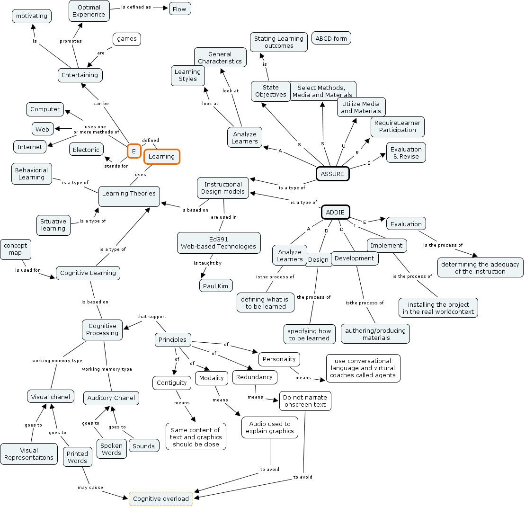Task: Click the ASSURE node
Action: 332,174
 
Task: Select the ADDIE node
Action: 336,212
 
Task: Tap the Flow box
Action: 180,9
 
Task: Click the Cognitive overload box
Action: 161,498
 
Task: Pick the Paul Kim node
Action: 216,285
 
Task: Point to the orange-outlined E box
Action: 134,151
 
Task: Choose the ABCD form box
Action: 331,38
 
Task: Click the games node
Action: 127,39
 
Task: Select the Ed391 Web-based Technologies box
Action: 219,242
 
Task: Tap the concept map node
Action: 16,249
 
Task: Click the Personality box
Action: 279,359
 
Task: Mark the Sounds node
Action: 144,446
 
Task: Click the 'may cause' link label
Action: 90,487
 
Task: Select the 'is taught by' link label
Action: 207,263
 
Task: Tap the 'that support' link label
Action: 151,316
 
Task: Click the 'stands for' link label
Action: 116,166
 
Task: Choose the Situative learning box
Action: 53,224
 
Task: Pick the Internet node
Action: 30,147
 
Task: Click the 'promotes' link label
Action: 71,41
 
